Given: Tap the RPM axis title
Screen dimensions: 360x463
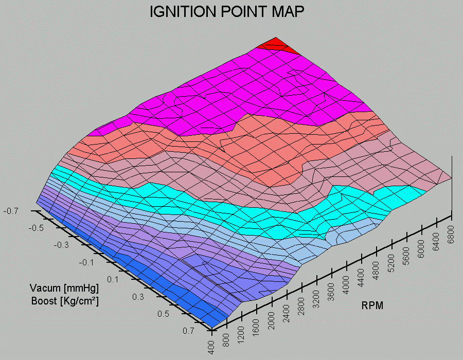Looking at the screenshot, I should [372, 305].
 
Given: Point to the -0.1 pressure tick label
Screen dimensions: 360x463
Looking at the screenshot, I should [87, 263].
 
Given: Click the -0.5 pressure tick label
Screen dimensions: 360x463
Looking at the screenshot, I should [36, 227].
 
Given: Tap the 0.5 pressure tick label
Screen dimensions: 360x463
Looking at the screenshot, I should [163, 314].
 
